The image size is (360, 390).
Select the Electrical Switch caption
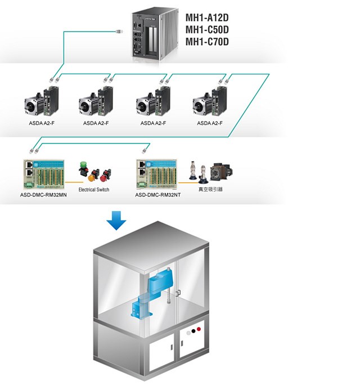tap(94, 190)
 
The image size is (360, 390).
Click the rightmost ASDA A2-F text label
tap(209, 123)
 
